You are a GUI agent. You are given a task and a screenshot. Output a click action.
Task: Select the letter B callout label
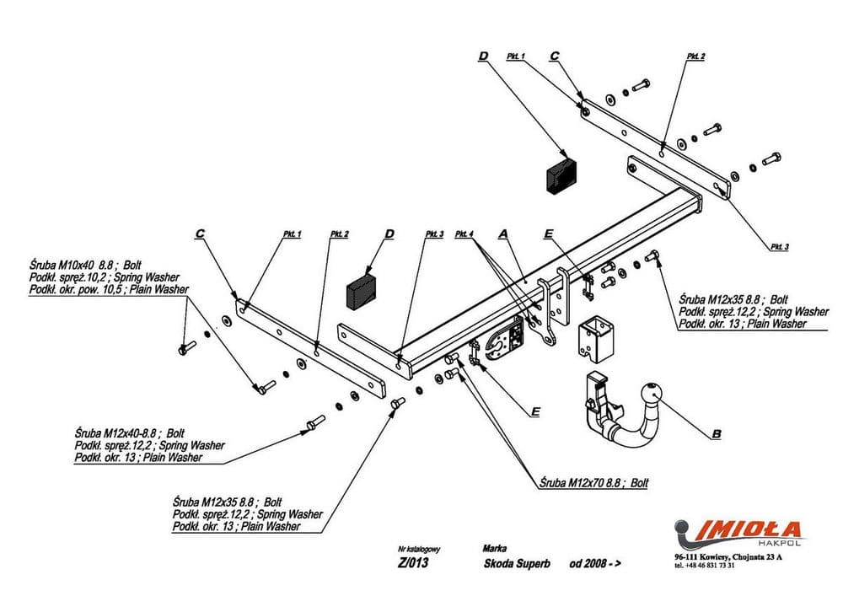716,435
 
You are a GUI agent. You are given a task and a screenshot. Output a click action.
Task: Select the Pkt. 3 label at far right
780,246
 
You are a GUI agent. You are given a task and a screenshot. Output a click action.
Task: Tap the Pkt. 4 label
464,233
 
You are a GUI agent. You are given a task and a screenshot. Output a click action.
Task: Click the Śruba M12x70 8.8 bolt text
593,483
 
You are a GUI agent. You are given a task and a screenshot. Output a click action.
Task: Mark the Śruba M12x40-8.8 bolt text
127,432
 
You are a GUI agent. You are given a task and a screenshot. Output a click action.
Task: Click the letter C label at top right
554,56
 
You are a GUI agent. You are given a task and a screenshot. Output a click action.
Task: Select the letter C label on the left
200,233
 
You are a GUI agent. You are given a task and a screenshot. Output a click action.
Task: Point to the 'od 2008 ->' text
595,564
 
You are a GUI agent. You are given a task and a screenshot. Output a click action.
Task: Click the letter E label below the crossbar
534,412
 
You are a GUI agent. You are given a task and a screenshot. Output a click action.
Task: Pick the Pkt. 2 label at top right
695,56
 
